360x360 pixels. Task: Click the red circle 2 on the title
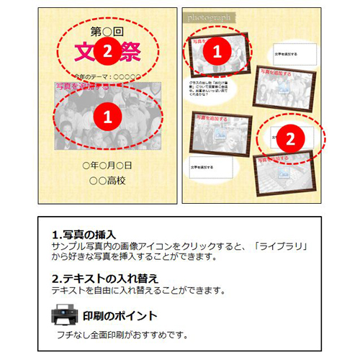[107, 50]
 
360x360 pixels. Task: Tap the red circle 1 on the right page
[221, 50]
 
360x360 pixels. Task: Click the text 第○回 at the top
[107, 31]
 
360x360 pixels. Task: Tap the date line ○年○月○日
[107, 166]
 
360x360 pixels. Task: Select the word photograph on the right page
[209, 17]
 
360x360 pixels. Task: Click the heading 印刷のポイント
[120, 316]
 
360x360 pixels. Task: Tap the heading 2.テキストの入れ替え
[105, 279]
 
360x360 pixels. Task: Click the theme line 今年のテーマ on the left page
[106, 76]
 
